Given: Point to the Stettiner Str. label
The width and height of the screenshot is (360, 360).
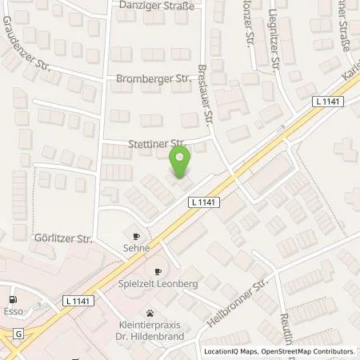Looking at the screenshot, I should tap(157, 144).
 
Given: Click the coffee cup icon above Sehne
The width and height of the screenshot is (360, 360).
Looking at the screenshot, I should tap(136, 237).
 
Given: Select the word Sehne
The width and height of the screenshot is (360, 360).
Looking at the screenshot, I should tap(136, 250).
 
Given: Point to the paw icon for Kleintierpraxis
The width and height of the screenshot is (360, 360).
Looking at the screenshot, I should tap(150, 313).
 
